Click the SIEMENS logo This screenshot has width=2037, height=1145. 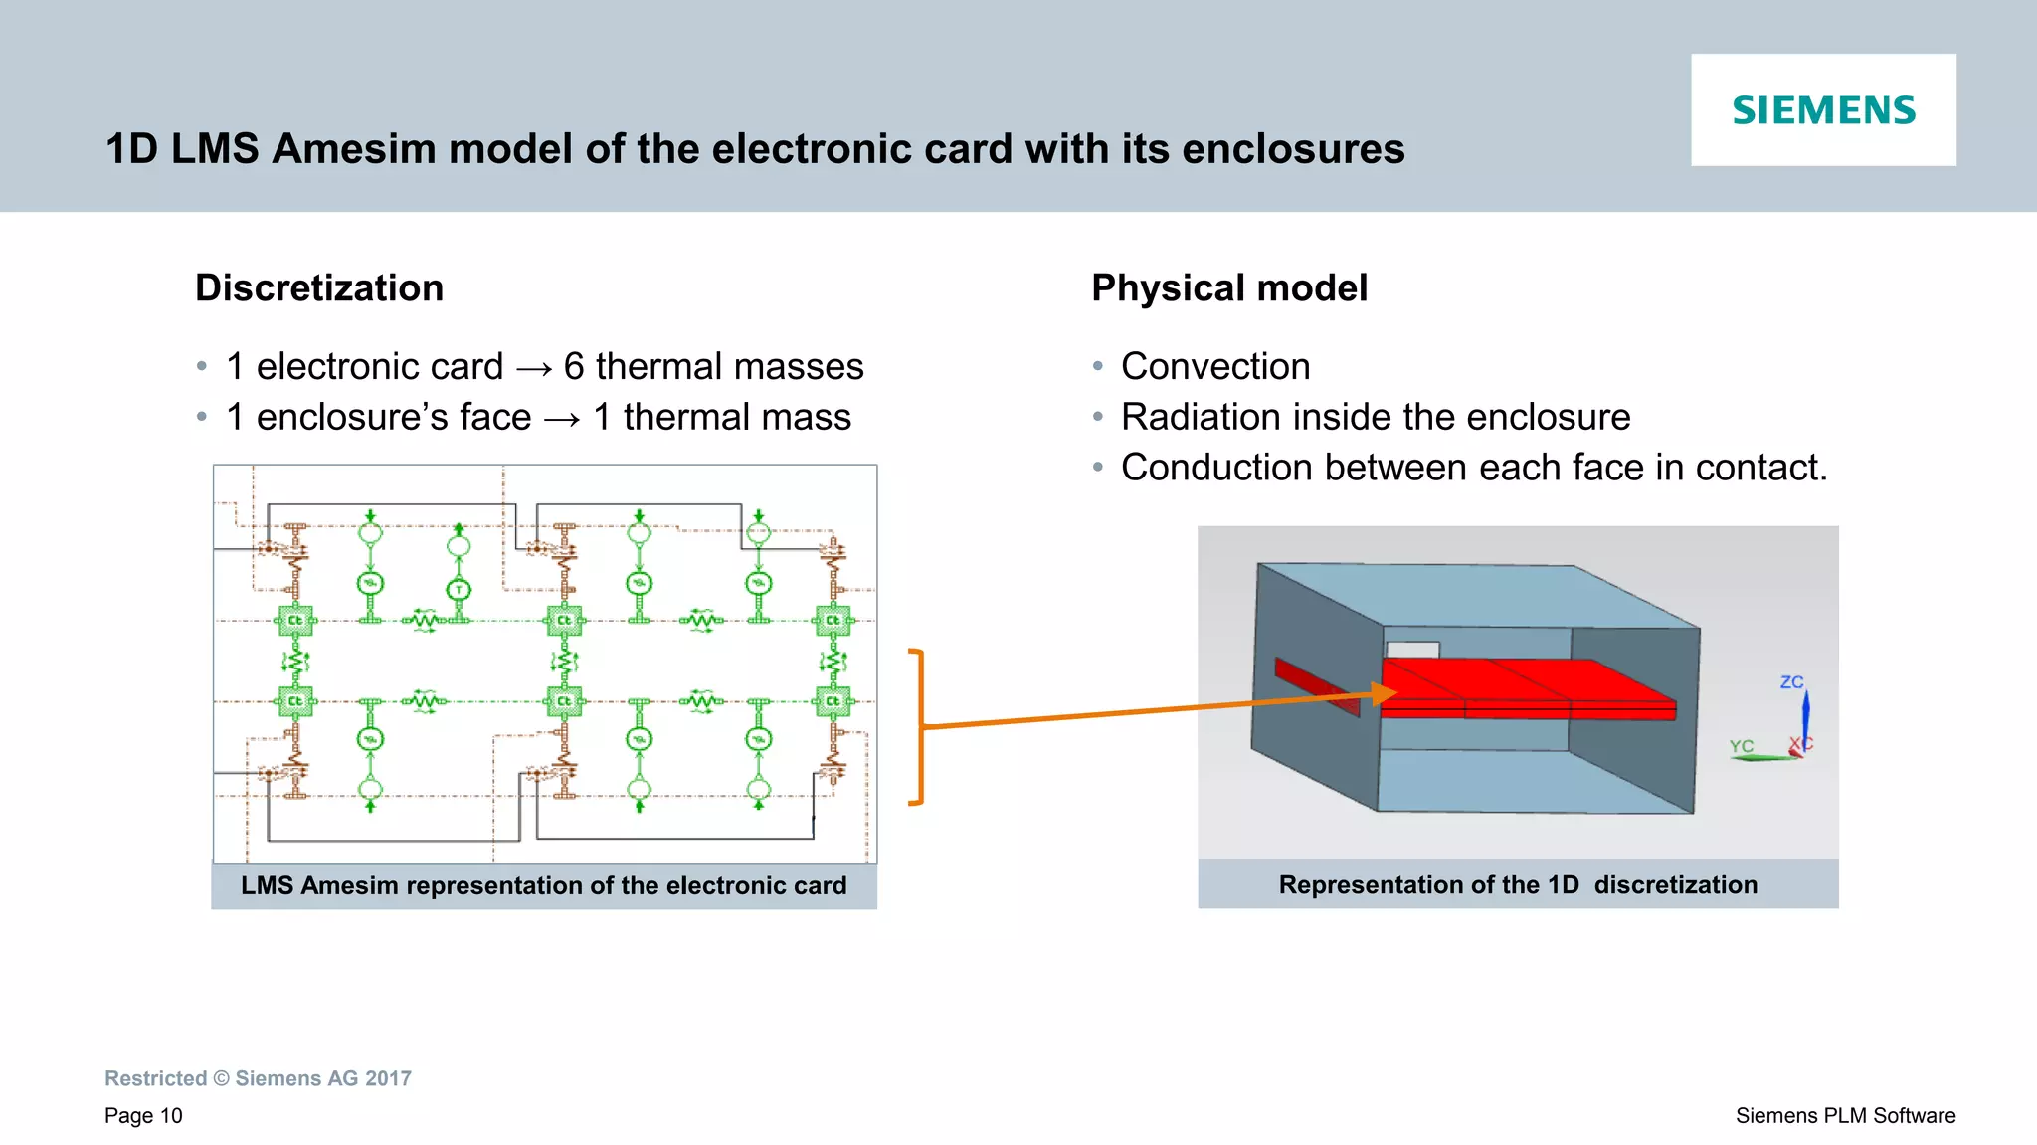click(x=1823, y=110)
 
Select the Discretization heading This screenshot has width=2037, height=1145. click(x=319, y=288)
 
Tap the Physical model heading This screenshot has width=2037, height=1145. click(x=1229, y=288)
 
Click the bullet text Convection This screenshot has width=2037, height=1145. click(x=1215, y=366)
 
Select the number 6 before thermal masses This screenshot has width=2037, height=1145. click(x=574, y=367)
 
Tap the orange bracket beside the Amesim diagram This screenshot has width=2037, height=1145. click(x=919, y=726)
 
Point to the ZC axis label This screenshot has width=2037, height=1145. click(x=1791, y=682)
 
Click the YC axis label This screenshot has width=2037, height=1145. click(x=1741, y=746)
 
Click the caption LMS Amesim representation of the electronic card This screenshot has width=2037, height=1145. click(x=543, y=885)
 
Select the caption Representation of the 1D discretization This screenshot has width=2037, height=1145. click(x=1518, y=884)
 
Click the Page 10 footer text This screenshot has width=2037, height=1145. click(x=143, y=1116)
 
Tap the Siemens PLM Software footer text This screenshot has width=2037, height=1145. click(x=1845, y=1116)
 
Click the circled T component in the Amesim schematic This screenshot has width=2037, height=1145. click(x=459, y=589)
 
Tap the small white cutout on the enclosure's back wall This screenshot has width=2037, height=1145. click(x=1412, y=650)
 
